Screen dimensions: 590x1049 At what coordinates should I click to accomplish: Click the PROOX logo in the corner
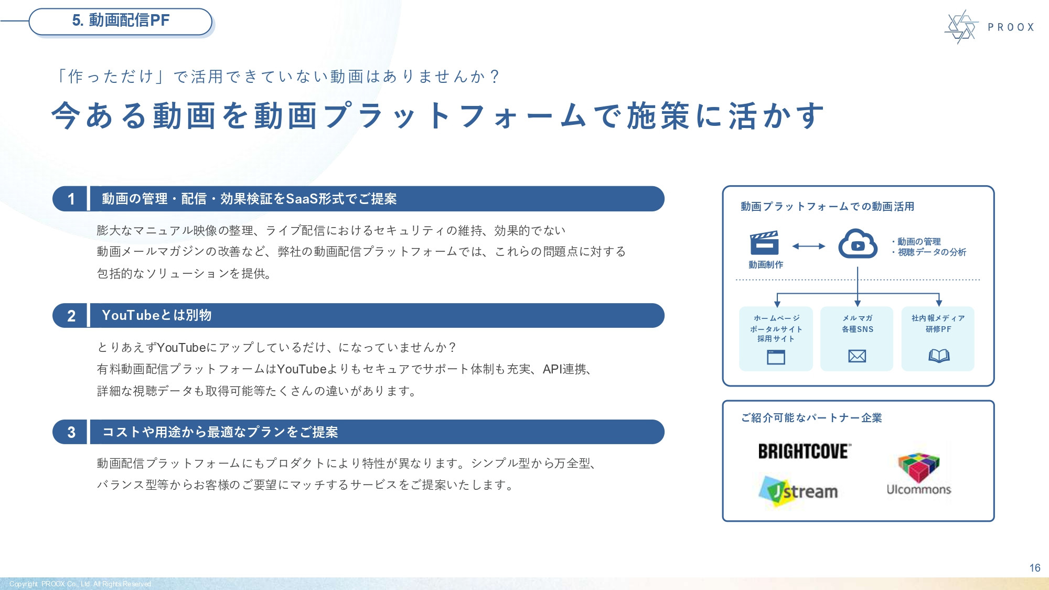coord(988,27)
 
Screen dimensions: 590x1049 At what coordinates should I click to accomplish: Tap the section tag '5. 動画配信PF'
coord(121,21)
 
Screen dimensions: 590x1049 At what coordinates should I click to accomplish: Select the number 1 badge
coord(71,199)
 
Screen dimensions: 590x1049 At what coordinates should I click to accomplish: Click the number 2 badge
coord(71,316)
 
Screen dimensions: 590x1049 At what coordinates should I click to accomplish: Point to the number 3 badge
coord(71,432)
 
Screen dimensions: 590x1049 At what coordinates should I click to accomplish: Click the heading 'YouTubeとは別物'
coord(156,315)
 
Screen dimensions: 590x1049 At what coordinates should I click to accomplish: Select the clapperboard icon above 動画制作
coord(764,243)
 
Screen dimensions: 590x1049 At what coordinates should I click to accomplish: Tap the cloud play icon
coord(858,244)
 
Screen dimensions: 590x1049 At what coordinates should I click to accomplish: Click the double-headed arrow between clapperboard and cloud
coord(808,246)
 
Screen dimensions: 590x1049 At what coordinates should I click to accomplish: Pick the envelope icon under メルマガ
coord(857,356)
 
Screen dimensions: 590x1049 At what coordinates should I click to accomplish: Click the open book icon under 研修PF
coord(939,356)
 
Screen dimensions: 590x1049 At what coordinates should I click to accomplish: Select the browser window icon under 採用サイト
coord(776,357)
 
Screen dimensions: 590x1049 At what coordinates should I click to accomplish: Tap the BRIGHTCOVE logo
coord(804,451)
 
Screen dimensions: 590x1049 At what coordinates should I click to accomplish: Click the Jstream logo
coord(799,491)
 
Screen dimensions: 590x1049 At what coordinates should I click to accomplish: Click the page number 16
coord(1034,568)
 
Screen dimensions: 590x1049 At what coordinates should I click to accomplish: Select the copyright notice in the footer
coord(80,584)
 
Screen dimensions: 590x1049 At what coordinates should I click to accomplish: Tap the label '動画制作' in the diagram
coord(766,265)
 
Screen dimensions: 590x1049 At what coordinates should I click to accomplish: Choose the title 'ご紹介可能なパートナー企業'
coord(811,418)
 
